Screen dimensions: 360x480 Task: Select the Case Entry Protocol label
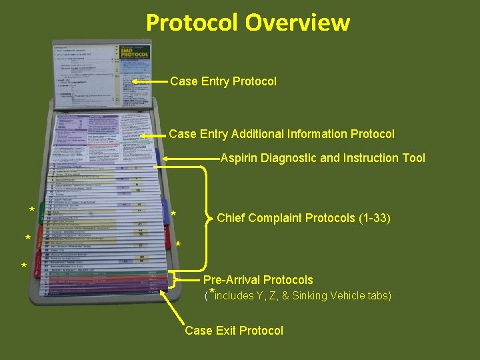pyautogui.click(x=223, y=81)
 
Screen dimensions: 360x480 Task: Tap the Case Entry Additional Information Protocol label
pyautogui.click(x=281, y=134)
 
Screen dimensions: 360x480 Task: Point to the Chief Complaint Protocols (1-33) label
pyautogui.click(x=303, y=218)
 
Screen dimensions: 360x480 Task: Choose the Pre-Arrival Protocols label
pyautogui.click(x=258, y=280)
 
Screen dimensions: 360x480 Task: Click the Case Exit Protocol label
pyautogui.click(x=234, y=330)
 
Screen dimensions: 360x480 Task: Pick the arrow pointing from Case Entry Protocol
pyautogui.click(x=148, y=81)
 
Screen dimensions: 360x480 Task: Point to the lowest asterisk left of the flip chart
pyautogui.click(x=24, y=268)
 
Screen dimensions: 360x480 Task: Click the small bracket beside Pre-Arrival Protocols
pyautogui.click(x=175, y=280)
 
